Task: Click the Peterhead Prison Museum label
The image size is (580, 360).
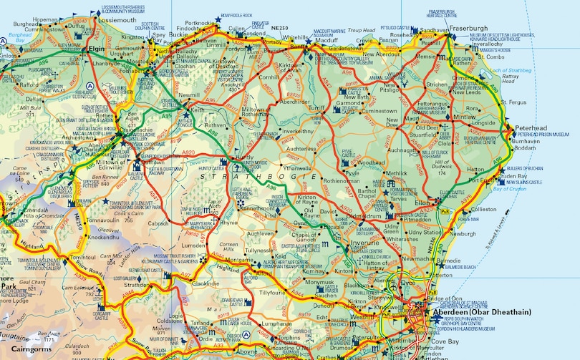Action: (x=548, y=134)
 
